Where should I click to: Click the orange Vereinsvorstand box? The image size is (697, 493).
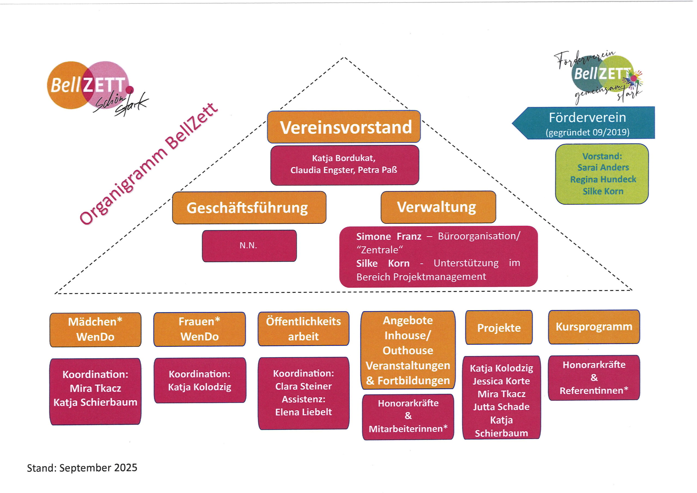pos(344,127)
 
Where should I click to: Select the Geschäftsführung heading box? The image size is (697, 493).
pos(249,208)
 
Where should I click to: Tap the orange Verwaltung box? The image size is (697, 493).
pos(438,207)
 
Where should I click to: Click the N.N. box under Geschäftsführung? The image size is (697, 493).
pos(249,246)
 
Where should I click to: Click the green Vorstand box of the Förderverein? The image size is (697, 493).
pos(602,174)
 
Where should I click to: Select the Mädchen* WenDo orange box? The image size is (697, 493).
pos(95,330)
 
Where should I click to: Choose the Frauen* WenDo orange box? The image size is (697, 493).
pos(200,329)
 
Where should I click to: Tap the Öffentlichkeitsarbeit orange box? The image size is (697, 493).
pos(304,329)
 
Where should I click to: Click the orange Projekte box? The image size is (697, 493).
pos(499,328)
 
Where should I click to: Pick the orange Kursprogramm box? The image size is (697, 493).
pos(594,327)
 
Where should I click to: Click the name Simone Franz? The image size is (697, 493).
pos(389,237)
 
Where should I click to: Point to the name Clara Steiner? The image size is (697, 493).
pos(304,387)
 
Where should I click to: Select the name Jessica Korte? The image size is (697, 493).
pos(501,381)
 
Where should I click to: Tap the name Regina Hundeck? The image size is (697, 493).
pos(603,179)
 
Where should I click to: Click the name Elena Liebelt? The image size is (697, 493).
pos(304,412)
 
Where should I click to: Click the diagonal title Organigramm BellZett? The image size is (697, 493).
pos(148,164)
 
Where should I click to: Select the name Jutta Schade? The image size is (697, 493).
pos(501,407)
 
